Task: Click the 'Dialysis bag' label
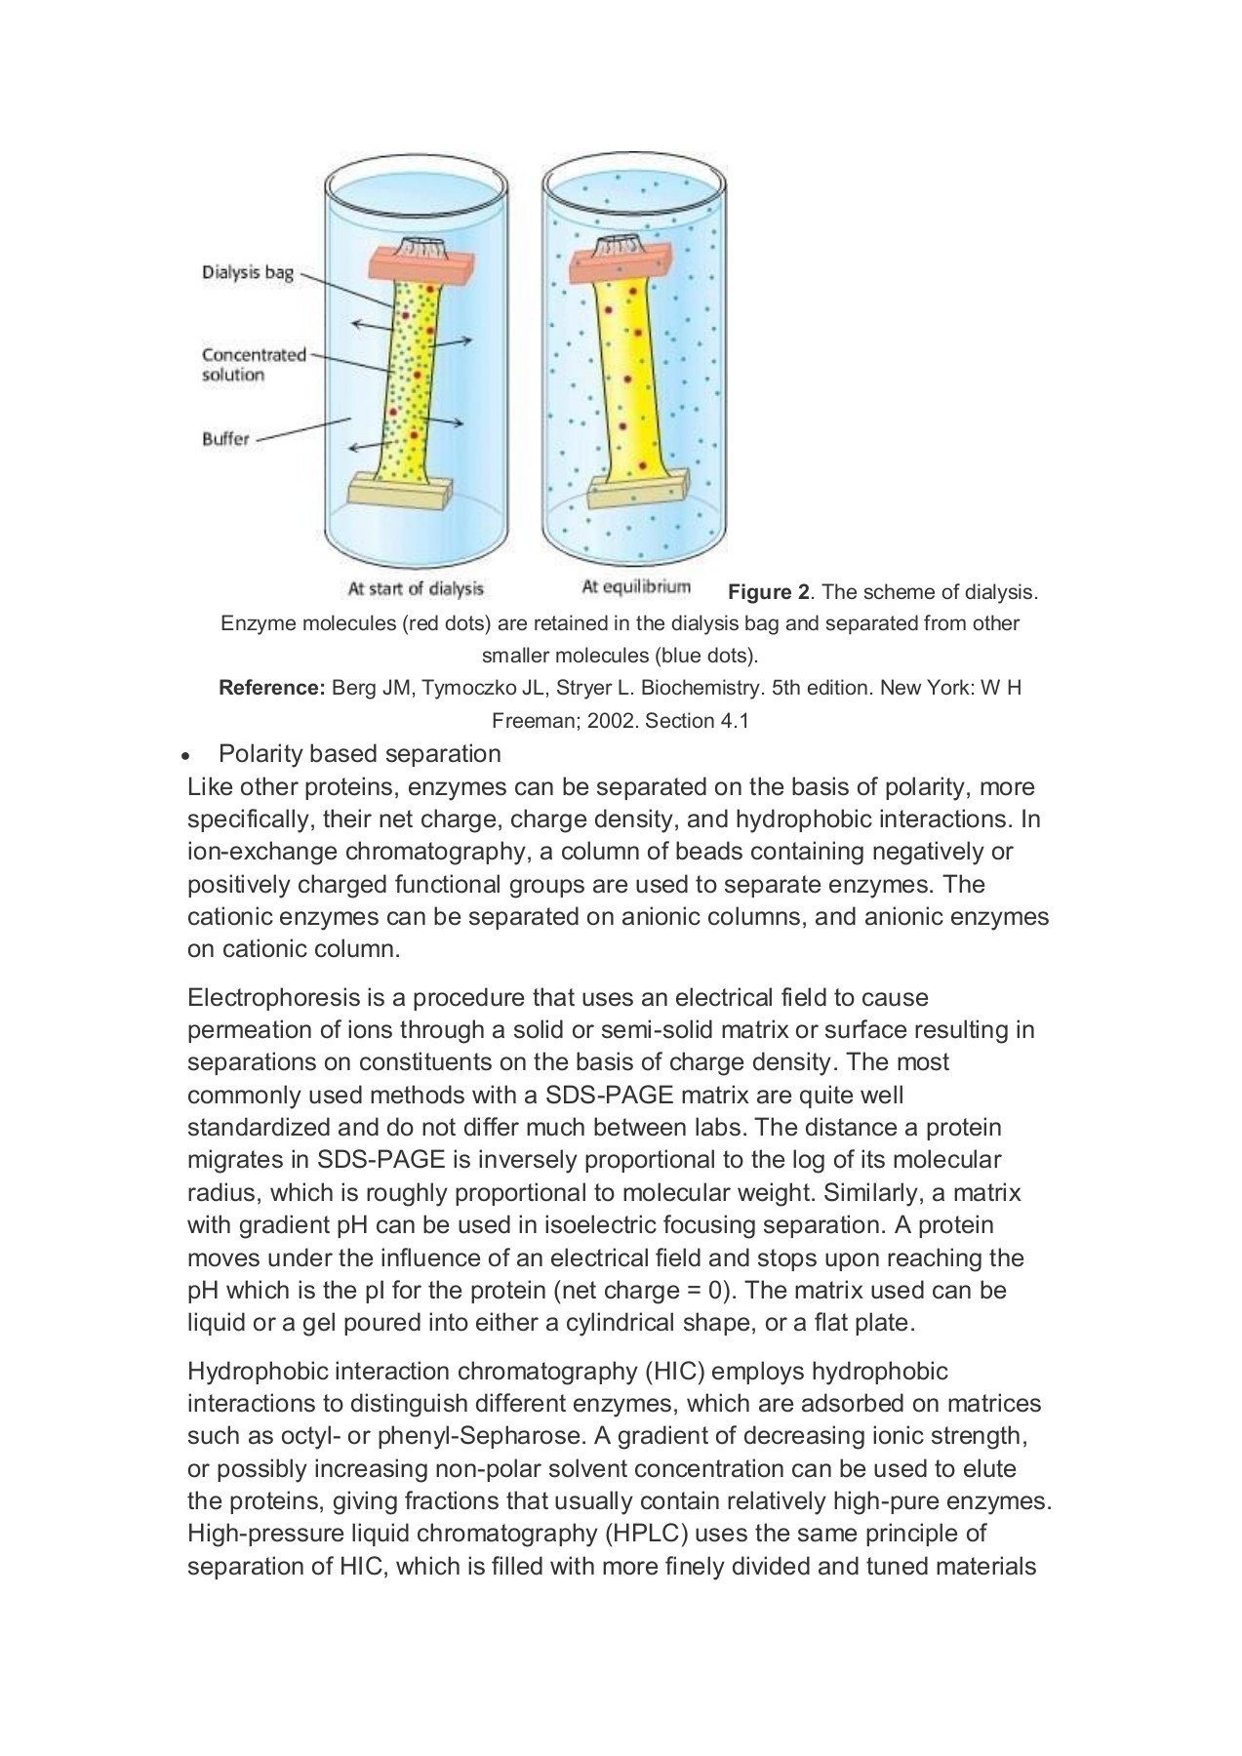[247, 272]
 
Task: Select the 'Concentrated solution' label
[253, 364]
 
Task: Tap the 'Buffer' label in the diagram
[225, 439]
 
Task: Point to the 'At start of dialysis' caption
[416, 588]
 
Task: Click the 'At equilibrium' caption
[635, 586]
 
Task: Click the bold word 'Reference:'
[271, 688]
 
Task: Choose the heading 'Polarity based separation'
[359, 754]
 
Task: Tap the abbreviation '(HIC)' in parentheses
[674, 1372]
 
